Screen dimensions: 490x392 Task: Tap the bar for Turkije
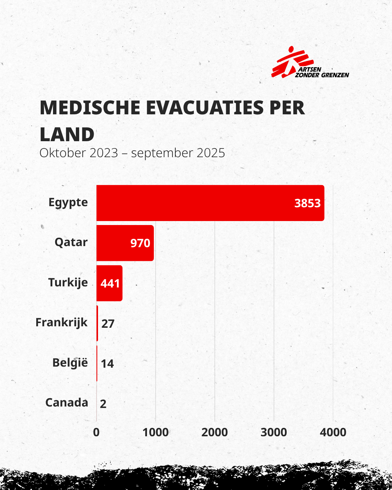click(x=109, y=283)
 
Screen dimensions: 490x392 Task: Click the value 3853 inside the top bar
click(x=307, y=203)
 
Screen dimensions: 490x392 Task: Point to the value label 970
click(x=140, y=243)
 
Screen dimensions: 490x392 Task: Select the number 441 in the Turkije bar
click(x=110, y=283)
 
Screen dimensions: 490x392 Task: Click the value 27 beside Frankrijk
click(x=108, y=324)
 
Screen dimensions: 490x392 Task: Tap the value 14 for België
click(x=107, y=364)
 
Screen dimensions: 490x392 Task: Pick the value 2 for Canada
click(x=103, y=404)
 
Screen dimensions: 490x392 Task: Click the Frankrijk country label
click(x=61, y=323)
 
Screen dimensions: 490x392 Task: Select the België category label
click(x=70, y=363)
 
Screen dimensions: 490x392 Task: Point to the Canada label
click(x=67, y=403)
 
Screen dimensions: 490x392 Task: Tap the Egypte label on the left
click(x=68, y=203)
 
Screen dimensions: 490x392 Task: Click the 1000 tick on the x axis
click(x=155, y=432)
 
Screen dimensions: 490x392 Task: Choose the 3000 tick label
click(x=274, y=432)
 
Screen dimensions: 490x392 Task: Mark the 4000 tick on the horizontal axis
click(x=333, y=432)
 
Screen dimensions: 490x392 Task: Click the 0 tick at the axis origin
click(x=96, y=432)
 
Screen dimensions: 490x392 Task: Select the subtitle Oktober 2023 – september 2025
click(x=132, y=153)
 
